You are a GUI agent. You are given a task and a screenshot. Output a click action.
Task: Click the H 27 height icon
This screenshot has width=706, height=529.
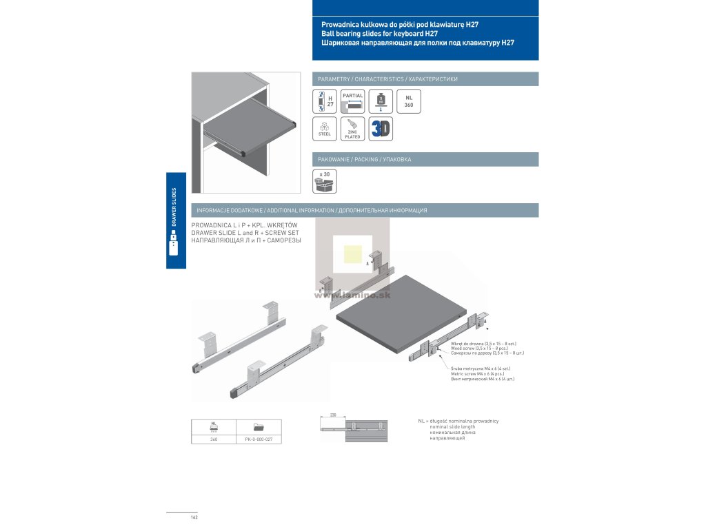coord(324,101)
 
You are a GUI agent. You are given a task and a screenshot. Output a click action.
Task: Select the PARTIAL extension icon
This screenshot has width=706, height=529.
coord(352,101)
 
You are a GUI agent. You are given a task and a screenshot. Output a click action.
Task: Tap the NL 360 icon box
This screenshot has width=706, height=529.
coord(409,101)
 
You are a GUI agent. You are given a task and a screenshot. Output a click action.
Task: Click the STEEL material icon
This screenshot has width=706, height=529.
coord(324,129)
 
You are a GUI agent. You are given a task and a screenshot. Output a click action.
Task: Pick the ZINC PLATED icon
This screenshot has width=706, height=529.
coord(352,129)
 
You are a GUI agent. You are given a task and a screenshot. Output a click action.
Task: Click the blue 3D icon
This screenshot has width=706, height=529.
coord(381,129)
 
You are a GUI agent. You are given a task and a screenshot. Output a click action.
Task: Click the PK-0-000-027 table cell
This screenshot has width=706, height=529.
coord(259,439)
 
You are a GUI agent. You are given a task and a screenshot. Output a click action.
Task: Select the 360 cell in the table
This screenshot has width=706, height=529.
coord(214,439)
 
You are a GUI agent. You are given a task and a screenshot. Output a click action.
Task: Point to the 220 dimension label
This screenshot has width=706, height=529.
coord(332,416)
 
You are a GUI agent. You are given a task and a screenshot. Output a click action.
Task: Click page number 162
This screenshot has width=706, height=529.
coord(194,517)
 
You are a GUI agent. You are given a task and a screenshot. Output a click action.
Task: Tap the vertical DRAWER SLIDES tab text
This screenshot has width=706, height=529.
coord(174,207)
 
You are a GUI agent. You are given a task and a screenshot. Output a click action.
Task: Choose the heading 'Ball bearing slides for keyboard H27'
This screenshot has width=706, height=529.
coord(379,33)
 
